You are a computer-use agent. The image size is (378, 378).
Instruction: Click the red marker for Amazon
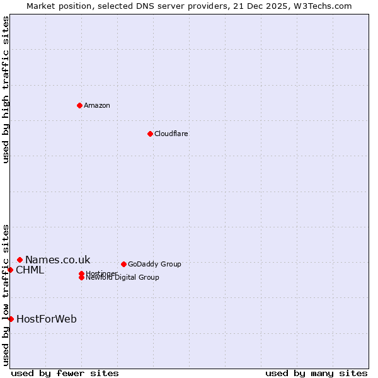[79, 105]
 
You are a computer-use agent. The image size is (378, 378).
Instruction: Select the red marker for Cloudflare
[150, 134]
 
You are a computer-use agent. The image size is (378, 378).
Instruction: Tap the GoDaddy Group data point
[123, 264]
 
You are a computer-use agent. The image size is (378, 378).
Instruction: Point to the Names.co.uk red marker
[20, 260]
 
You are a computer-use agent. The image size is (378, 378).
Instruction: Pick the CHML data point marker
[10, 270]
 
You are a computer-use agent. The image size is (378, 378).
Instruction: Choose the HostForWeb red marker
[11, 319]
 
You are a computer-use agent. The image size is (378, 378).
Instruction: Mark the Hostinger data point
[81, 273]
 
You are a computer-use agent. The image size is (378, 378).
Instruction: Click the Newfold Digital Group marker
[81, 277]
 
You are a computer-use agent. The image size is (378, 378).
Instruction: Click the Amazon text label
[97, 105]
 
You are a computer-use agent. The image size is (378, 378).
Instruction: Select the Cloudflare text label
[171, 134]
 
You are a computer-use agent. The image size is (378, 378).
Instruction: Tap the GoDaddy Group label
[154, 264]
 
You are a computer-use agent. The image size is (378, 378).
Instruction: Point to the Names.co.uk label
[57, 260]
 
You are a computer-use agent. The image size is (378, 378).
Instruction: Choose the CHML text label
[30, 270]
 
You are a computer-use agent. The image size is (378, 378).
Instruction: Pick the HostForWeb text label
[47, 319]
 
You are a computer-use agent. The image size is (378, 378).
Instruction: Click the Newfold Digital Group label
[123, 278]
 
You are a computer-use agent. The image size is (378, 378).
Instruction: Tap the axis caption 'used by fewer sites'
[65, 373]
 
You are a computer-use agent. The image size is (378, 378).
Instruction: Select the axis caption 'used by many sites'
[316, 373]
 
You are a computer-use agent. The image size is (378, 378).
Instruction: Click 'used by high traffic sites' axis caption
[6, 89]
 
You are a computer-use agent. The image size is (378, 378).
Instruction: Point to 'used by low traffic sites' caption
[6, 295]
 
